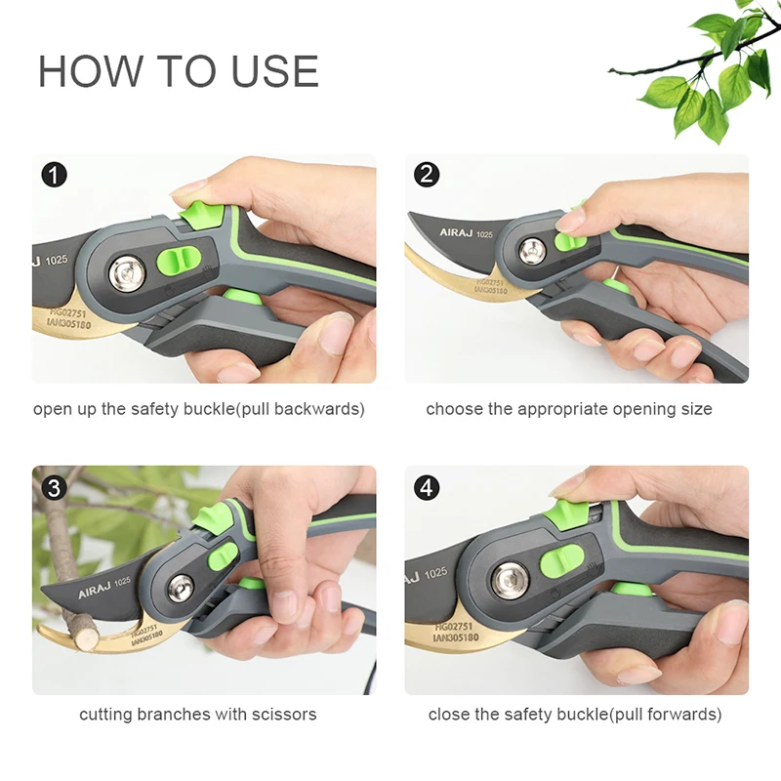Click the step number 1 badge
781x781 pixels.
tap(55, 175)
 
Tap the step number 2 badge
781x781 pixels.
tap(427, 175)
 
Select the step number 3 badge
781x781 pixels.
tap(55, 487)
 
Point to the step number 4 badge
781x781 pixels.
tap(427, 487)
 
